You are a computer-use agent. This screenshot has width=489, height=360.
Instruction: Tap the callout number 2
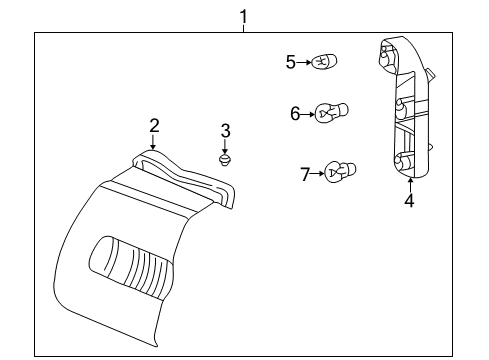(154, 125)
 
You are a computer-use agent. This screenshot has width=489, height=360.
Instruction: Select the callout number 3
(226, 130)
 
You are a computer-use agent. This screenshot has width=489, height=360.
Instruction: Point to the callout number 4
(408, 200)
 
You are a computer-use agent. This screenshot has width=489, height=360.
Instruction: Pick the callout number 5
(291, 62)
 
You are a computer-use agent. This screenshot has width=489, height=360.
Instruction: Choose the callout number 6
(296, 114)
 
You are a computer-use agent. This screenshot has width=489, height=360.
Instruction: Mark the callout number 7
(306, 174)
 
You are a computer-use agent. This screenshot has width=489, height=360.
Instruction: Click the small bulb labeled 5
(322, 62)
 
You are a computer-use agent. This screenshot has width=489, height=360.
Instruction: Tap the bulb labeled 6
(330, 113)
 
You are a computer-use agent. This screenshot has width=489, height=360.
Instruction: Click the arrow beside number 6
(308, 114)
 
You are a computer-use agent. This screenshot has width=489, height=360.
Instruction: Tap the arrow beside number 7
(319, 174)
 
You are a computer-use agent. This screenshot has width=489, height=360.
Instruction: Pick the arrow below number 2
(154, 141)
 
